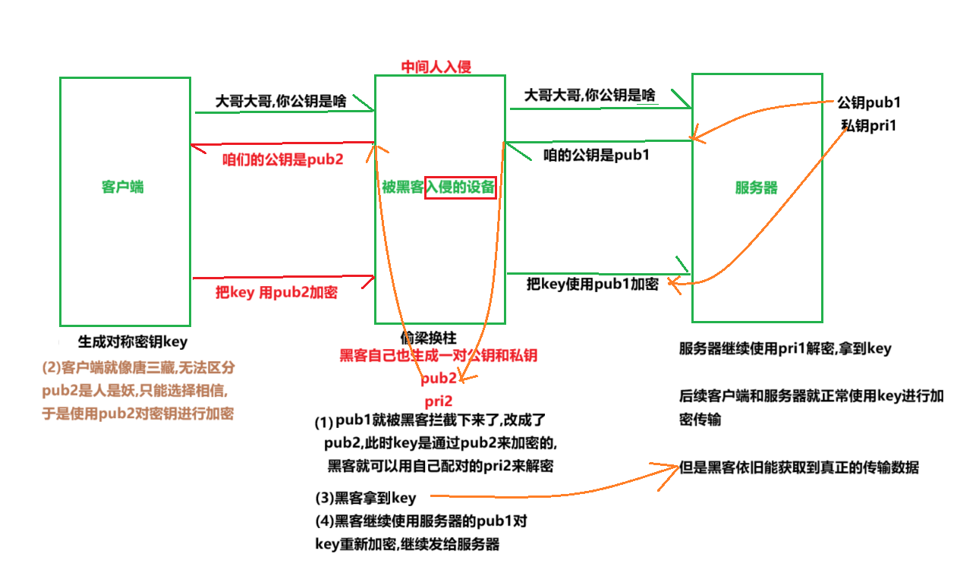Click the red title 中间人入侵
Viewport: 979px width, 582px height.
436,67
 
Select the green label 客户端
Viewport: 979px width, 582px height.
122,187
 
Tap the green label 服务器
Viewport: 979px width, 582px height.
756,187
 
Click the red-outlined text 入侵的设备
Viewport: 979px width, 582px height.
460,187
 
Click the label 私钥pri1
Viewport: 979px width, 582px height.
868,125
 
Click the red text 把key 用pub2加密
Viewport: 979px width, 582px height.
276,294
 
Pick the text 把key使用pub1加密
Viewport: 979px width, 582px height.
592,284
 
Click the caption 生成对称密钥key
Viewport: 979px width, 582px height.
132,341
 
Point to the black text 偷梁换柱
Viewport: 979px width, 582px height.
429,338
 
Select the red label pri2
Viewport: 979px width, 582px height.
439,401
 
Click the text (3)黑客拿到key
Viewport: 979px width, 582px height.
366,498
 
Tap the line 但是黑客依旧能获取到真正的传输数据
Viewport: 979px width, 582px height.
798,467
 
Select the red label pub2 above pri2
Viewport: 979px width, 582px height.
439,378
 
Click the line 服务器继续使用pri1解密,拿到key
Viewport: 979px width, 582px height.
785,349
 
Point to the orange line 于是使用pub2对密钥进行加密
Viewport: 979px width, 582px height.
138,414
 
